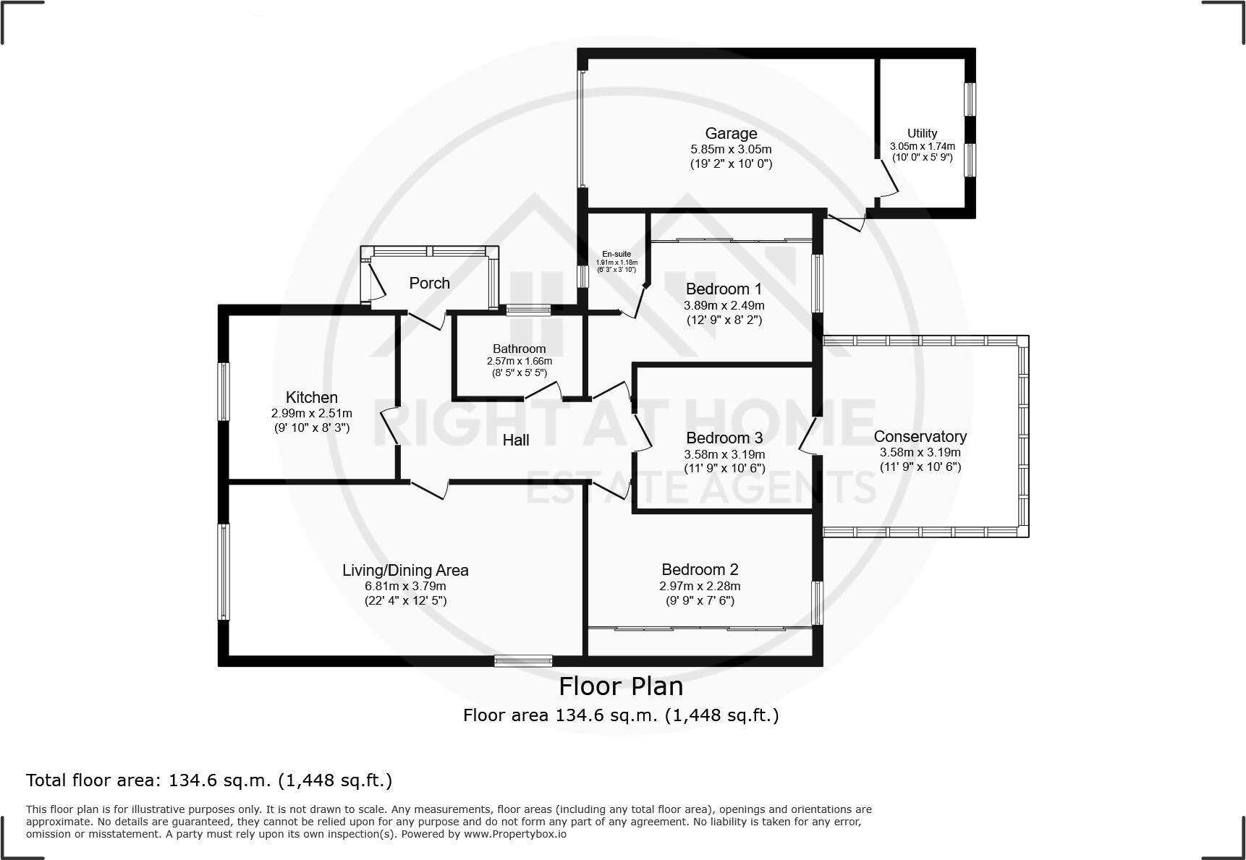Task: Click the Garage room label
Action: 731,133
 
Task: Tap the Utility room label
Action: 922,133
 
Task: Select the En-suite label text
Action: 616,254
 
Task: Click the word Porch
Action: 429,283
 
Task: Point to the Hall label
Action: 516,440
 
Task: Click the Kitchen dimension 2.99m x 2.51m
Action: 311,413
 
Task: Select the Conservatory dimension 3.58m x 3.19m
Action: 920,452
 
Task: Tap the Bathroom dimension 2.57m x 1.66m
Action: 519,361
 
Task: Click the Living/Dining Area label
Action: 405,570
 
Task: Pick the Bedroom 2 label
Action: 699,569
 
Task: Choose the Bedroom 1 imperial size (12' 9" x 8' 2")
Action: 724,319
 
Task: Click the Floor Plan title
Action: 621,686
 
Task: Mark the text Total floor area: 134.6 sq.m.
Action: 208,780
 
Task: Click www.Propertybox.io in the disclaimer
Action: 515,834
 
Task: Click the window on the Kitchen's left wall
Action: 224,391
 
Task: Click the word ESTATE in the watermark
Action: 594,487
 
